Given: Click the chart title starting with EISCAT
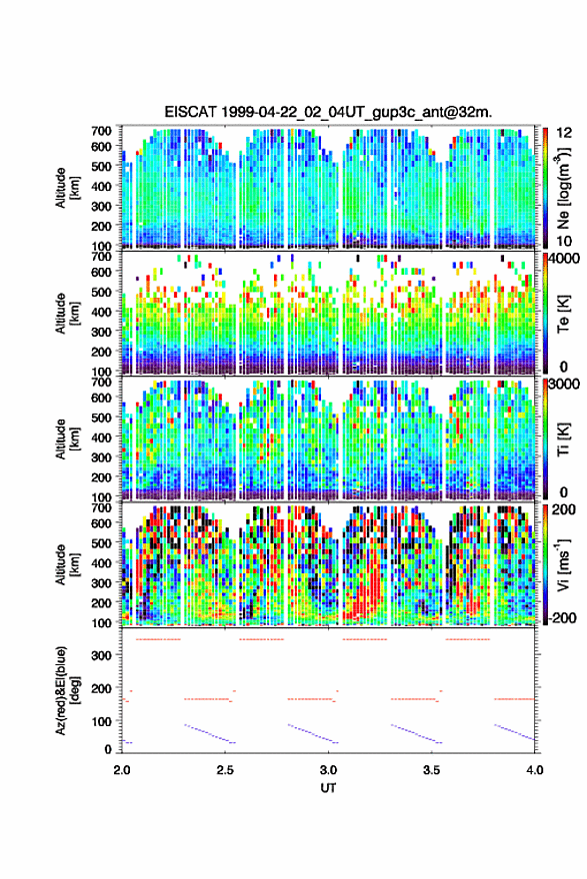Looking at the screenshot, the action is click(328, 112).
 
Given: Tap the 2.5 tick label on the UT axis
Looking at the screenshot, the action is click(225, 770).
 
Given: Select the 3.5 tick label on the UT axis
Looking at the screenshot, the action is click(432, 770).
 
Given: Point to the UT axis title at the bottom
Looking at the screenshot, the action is click(328, 788).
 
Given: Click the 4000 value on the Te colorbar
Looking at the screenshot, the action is click(564, 259).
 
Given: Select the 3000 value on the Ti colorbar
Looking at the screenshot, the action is click(564, 384).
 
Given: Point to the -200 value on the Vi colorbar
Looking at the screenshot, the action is click(560, 617).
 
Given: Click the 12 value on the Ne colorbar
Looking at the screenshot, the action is click(565, 133).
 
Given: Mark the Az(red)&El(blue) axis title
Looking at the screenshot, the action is click(65, 690).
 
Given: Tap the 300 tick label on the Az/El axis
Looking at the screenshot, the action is click(101, 655).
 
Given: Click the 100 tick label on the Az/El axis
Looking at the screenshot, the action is click(101, 721).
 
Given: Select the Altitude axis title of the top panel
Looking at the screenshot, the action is click(65, 188).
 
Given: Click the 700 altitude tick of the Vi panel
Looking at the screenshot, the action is click(101, 507).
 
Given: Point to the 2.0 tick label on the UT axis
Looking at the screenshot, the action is click(122, 770).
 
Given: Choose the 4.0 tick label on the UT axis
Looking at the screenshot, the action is click(534, 770).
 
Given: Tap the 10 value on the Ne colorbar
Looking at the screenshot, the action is click(564, 241).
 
